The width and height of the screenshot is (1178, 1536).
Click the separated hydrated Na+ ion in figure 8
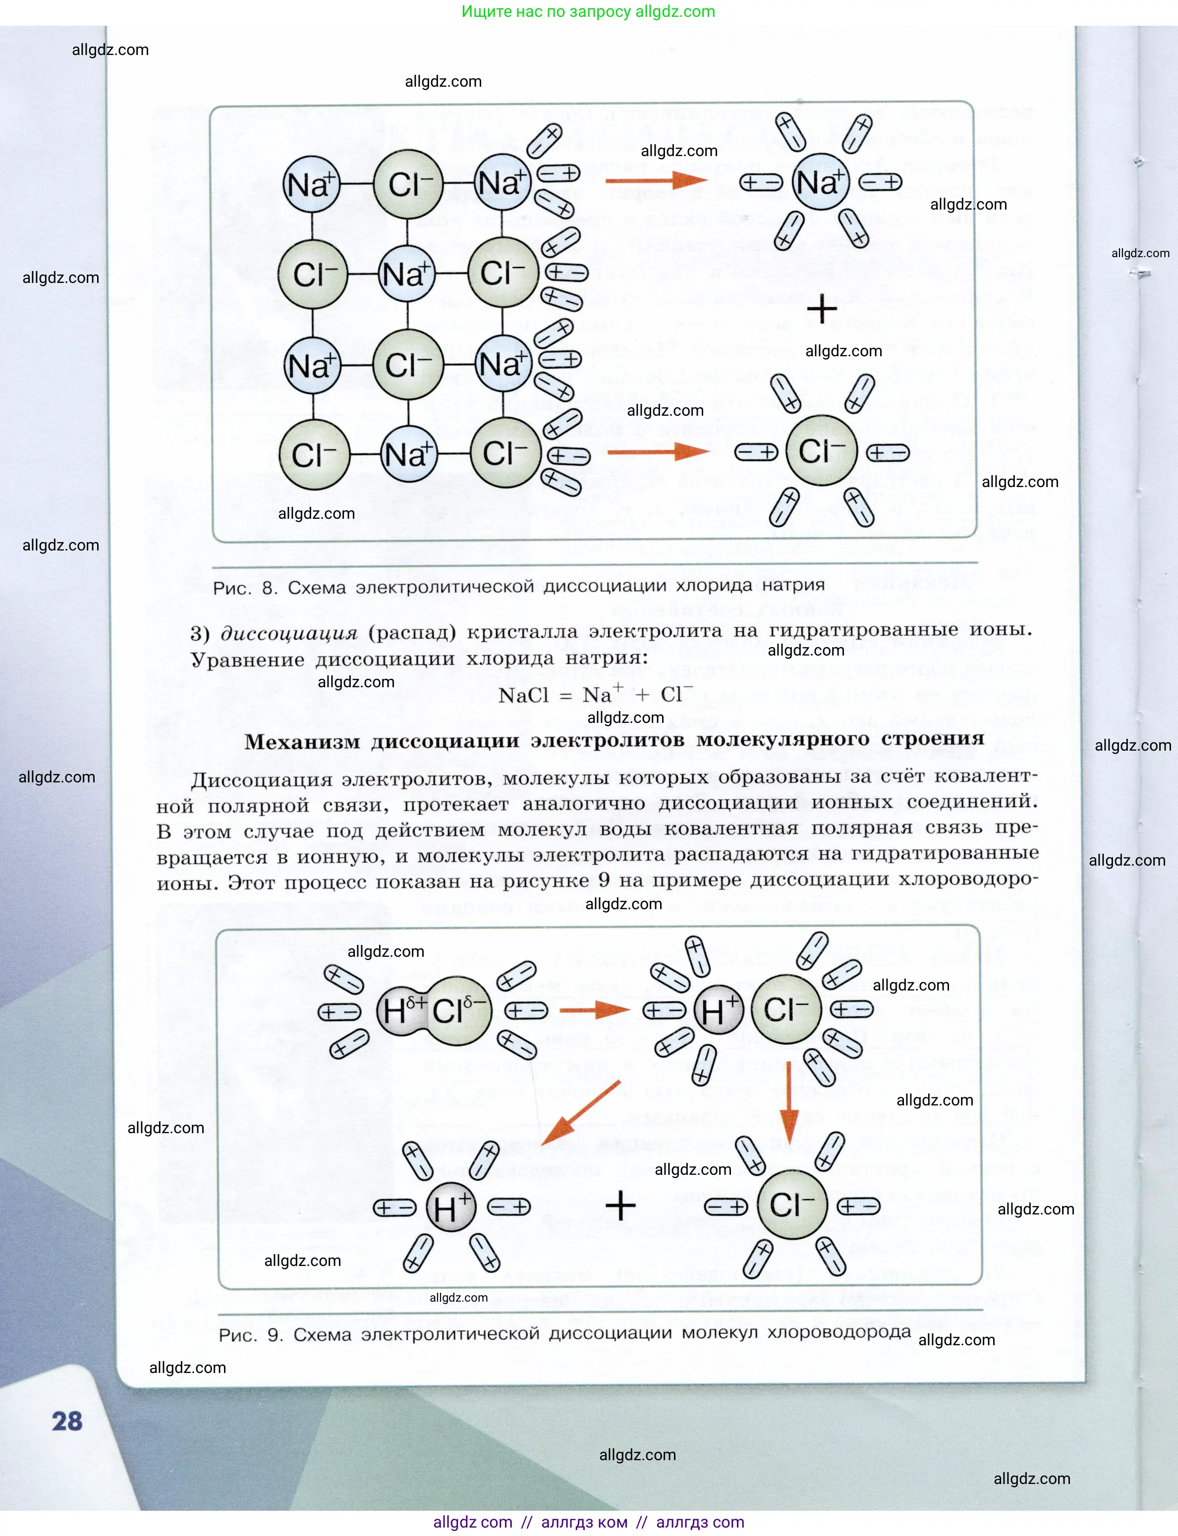(820, 182)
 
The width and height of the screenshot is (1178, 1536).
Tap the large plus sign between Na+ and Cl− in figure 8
(822, 309)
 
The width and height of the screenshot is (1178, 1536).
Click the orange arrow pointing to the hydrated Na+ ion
(656, 181)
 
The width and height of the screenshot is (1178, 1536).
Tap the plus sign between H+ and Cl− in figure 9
(620, 1207)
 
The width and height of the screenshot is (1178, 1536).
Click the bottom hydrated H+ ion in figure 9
(451, 1207)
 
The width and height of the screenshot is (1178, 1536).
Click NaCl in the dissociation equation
(523, 696)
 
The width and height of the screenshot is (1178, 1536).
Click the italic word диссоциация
(289, 633)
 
